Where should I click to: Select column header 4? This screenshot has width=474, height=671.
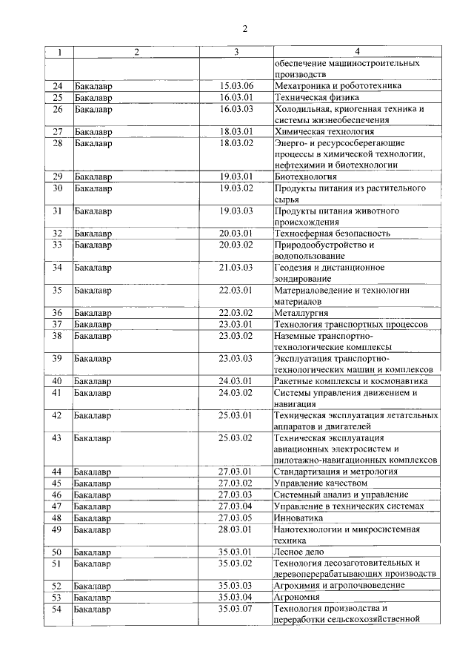point(357,52)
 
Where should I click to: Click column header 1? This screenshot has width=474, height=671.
point(60,52)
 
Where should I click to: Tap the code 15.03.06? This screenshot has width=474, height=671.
point(236,85)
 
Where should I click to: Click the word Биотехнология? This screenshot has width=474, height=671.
point(305,176)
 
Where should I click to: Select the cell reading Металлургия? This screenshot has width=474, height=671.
point(301,313)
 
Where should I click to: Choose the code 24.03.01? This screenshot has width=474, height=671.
point(236,381)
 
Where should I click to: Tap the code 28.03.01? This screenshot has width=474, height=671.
point(236,529)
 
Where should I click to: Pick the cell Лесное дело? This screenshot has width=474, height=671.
point(298,552)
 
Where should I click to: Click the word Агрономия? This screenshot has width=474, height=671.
point(297,597)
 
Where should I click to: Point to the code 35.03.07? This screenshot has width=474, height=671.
point(236,609)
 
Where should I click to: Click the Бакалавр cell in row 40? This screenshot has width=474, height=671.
point(93,381)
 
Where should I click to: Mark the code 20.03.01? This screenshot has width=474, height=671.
point(236,233)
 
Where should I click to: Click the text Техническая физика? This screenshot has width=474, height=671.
point(317,97)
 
